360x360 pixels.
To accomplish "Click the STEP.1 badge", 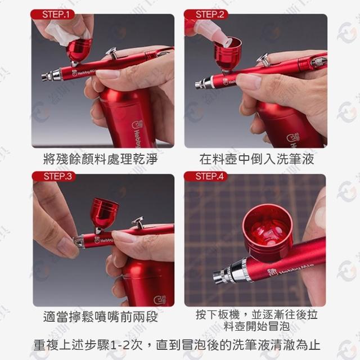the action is pyautogui.click(x=53, y=15).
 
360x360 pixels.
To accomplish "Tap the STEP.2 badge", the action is pyautogui.click(x=206, y=15).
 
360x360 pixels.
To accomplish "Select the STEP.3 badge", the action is pyautogui.click(x=54, y=176).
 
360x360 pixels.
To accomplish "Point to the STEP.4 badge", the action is pyautogui.click(x=206, y=176).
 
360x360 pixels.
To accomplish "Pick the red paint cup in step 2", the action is pyautogui.click(x=227, y=55).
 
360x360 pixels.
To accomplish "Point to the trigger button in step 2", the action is pyautogui.click(x=263, y=60).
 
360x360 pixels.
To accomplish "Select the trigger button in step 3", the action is pyautogui.click(x=138, y=222).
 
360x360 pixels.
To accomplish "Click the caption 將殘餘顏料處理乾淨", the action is pyautogui.click(x=100, y=159).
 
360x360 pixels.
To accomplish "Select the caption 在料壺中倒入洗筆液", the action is pyautogui.click(x=256, y=159).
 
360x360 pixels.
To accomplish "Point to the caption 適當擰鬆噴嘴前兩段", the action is pyautogui.click(x=100, y=317).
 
